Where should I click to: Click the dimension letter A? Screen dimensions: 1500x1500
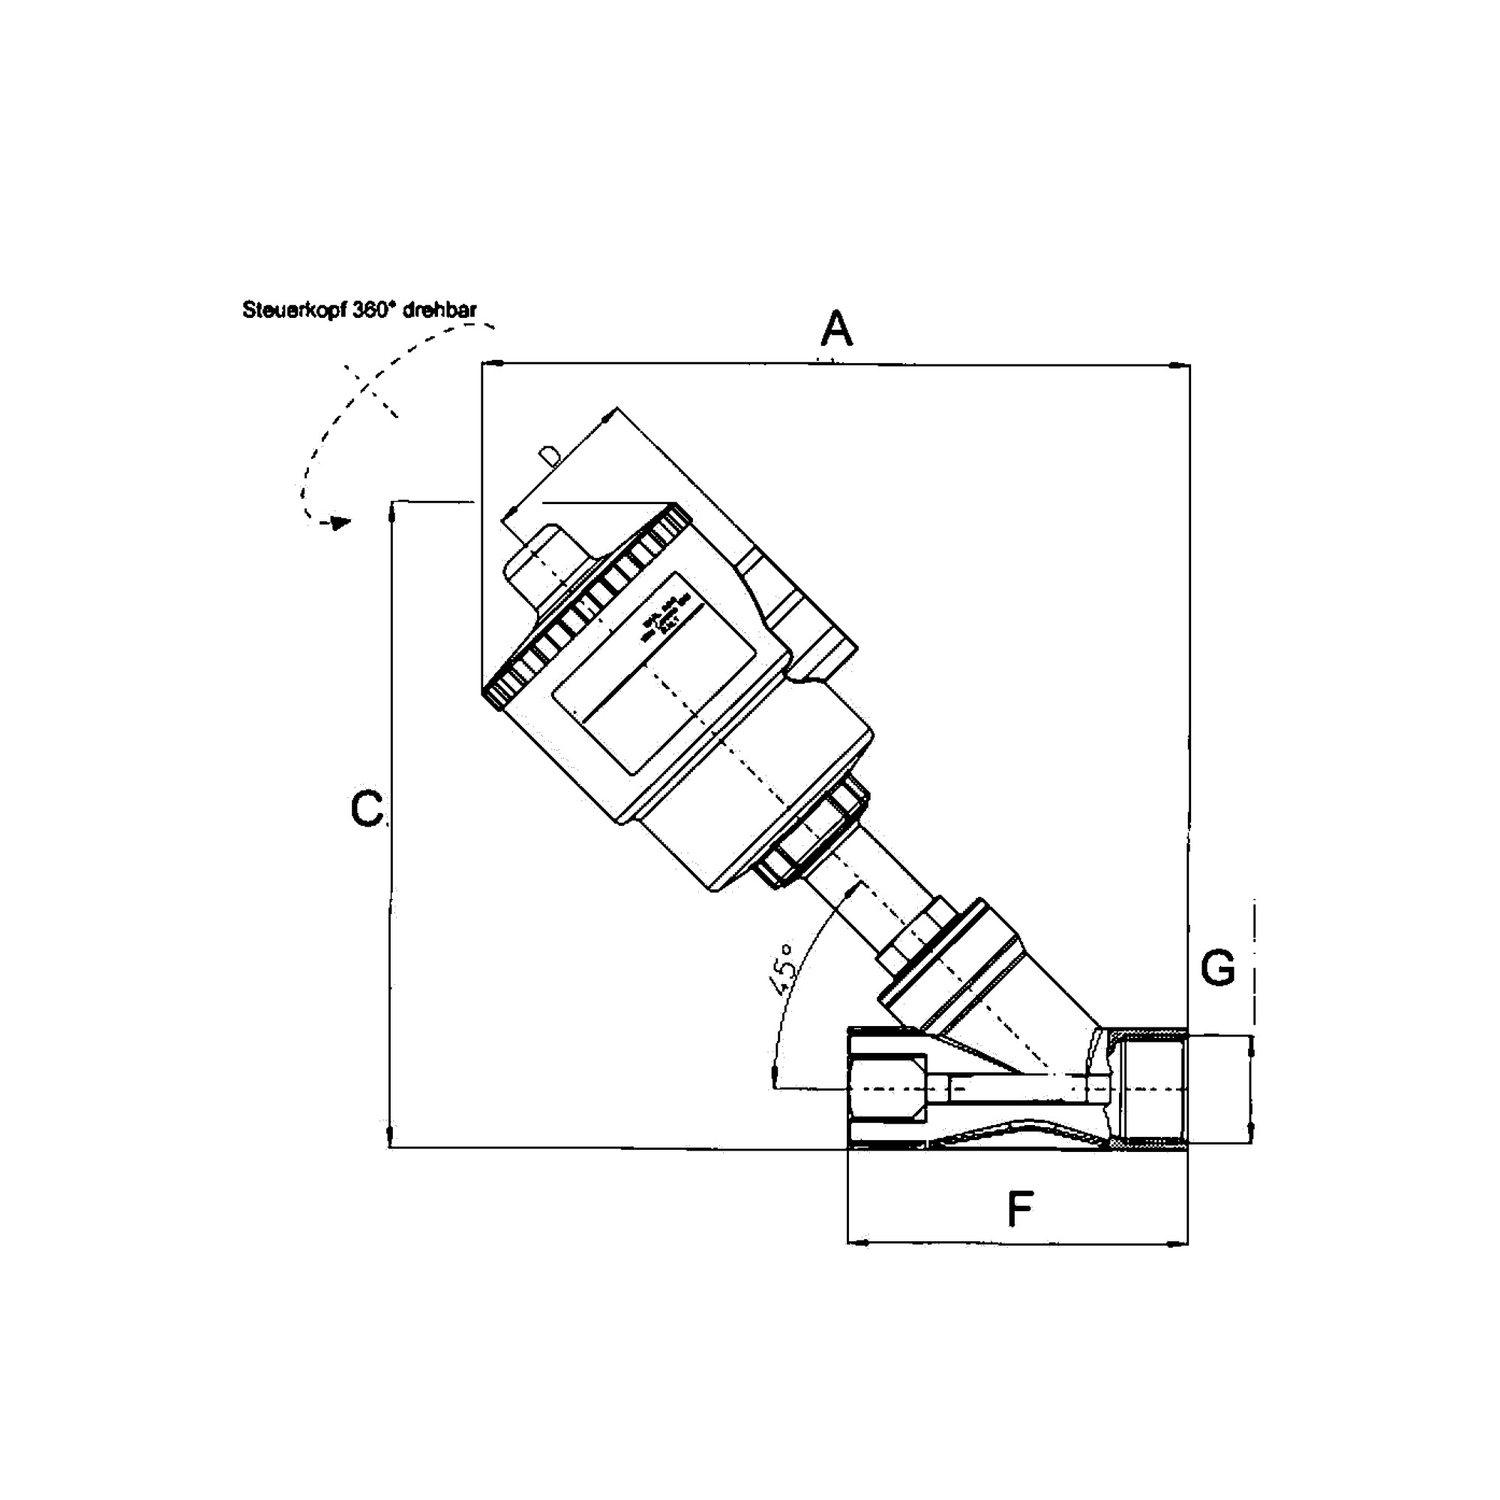(x=837, y=329)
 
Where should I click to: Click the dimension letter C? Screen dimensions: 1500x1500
(x=367, y=809)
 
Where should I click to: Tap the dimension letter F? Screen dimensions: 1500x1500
(x=1020, y=1210)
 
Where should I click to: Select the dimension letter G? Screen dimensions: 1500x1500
(x=1217, y=968)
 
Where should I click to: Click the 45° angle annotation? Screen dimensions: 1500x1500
(x=782, y=970)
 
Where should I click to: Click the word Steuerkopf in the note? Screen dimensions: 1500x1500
(x=295, y=310)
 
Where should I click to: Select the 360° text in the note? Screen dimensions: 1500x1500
(x=374, y=310)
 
